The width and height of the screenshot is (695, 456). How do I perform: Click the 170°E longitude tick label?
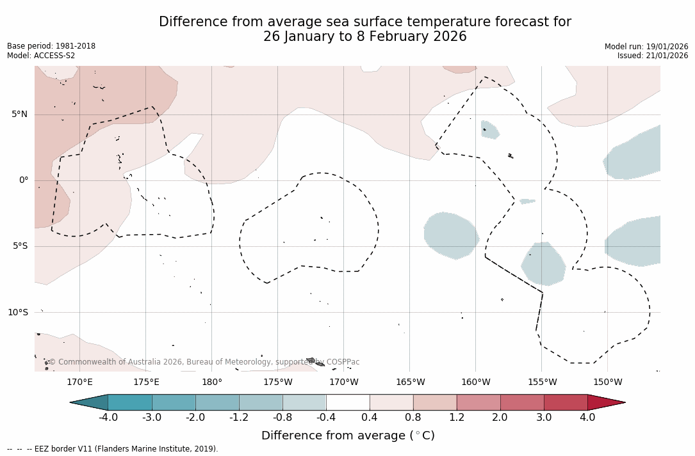[x=79, y=382]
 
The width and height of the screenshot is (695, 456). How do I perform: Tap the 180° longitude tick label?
[x=211, y=382]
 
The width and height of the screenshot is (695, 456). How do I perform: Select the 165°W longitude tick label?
[x=410, y=382]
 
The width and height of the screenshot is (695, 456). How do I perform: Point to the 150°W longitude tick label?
[x=607, y=382]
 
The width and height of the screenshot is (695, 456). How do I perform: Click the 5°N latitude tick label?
[x=19, y=114]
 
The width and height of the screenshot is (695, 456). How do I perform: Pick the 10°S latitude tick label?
[x=17, y=312]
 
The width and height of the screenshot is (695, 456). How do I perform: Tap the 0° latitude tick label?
[x=24, y=180]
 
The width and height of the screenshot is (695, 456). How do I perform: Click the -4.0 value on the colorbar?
[x=108, y=418]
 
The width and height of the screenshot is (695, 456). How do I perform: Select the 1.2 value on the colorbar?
[x=456, y=418]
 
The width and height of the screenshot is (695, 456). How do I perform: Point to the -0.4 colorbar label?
[x=325, y=418]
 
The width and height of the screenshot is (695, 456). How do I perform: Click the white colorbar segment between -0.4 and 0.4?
[x=348, y=402]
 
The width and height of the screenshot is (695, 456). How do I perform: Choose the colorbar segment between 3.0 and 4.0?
[x=566, y=402]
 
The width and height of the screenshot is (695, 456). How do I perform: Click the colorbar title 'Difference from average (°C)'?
[x=348, y=436]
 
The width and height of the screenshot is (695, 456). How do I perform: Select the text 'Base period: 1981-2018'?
[x=51, y=46]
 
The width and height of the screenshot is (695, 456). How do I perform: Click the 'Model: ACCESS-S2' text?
[x=41, y=56]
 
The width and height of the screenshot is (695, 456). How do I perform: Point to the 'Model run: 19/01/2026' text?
[x=646, y=47]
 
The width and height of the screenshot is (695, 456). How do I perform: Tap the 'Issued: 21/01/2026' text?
[x=653, y=56]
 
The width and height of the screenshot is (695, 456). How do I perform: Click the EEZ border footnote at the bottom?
[x=113, y=449]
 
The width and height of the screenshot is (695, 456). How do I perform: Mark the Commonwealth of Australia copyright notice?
[x=204, y=362]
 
